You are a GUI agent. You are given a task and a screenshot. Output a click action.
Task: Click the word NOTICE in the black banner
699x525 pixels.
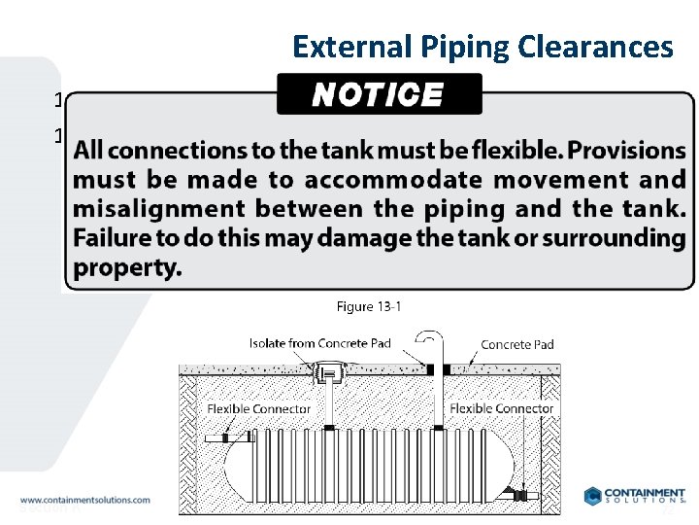click(378, 94)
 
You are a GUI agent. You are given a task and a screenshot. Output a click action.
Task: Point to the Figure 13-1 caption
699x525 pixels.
click(369, 307)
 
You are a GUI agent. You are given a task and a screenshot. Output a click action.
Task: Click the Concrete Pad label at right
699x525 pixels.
click(517, 344)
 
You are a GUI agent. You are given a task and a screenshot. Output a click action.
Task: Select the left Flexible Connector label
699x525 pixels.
click(259, 409)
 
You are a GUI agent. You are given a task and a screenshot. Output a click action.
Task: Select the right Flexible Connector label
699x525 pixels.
click(501, 408)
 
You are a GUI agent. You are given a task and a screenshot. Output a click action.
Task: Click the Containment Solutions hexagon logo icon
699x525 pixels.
click(593, 496)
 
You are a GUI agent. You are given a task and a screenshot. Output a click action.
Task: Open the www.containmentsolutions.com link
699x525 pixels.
click(84, 500)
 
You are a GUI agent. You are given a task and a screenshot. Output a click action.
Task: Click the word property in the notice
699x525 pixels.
click(127, 267)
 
